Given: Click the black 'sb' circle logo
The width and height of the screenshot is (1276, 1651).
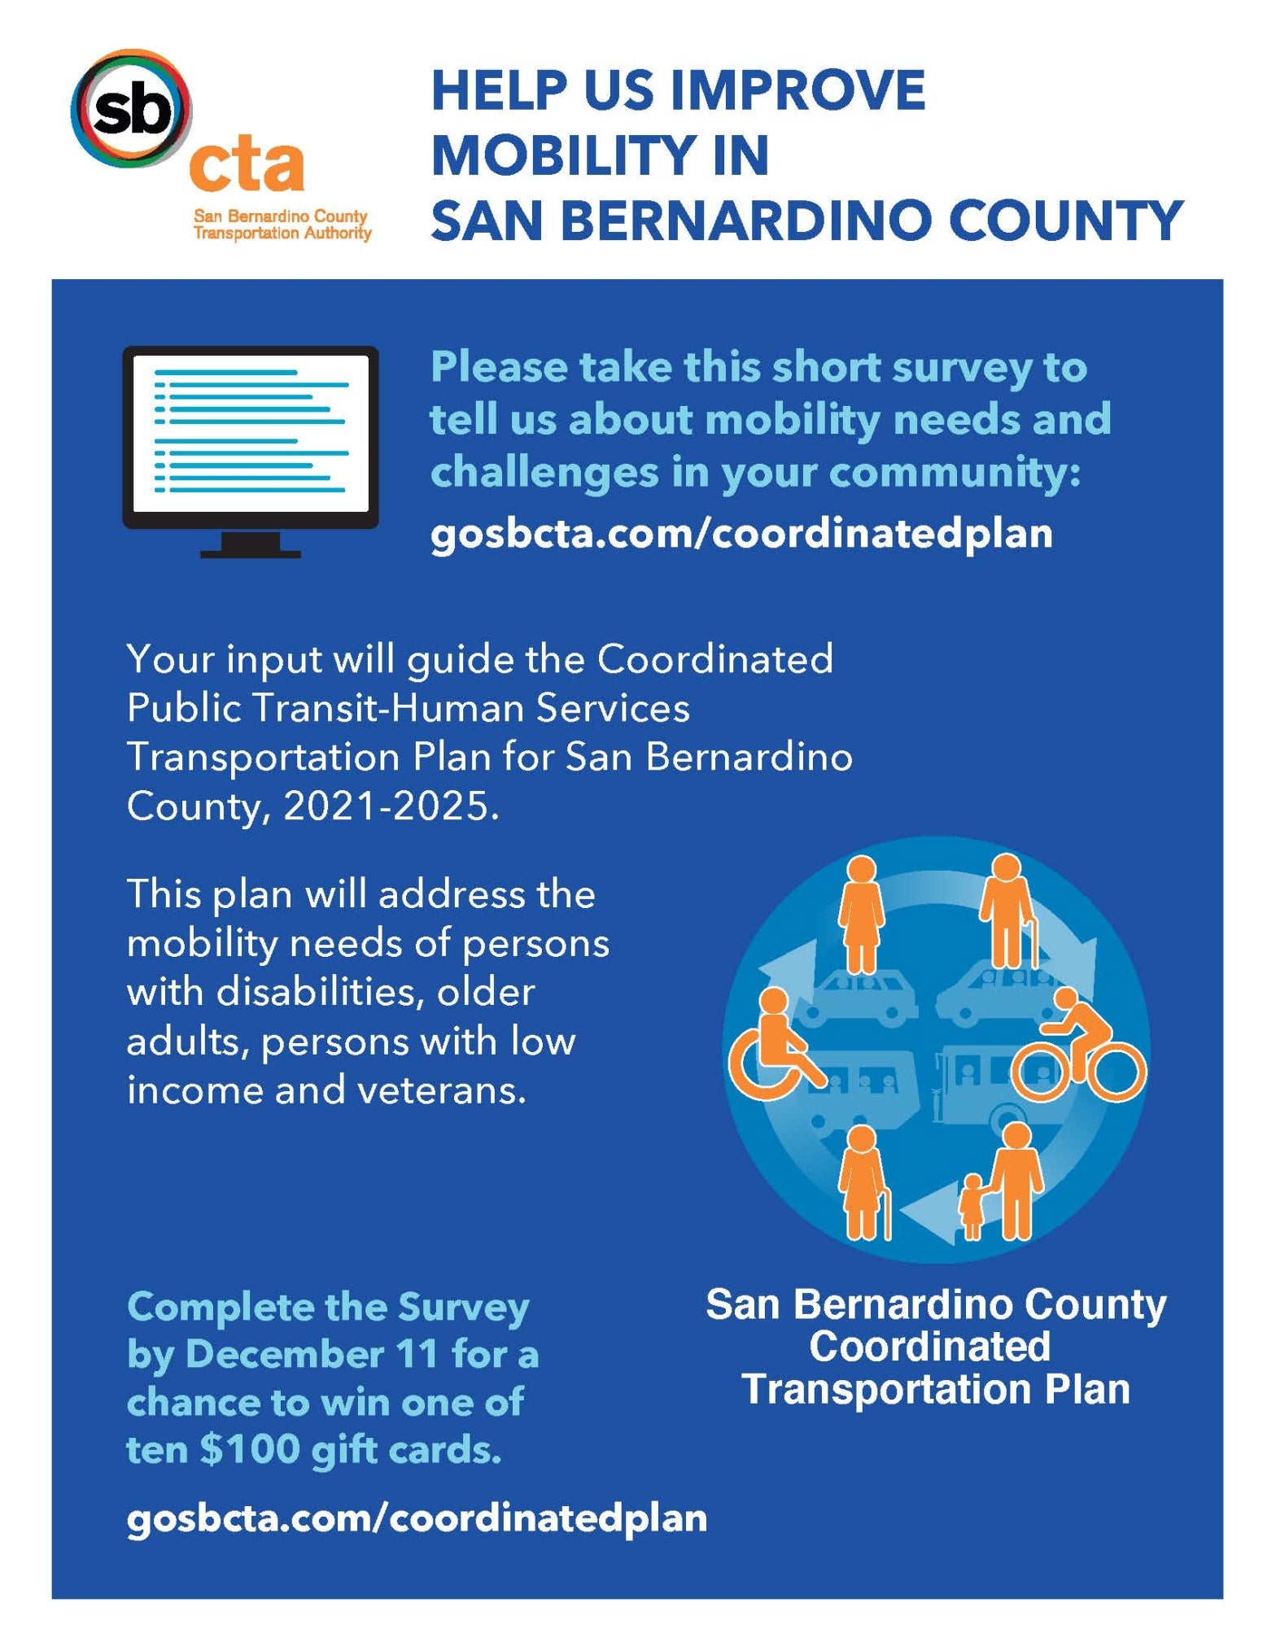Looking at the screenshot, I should (131, 108).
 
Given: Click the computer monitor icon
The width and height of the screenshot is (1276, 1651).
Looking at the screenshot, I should (251, 439).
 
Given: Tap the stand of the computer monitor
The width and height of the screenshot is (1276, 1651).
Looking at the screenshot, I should (251, 546).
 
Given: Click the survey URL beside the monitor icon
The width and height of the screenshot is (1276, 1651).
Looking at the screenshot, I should (741, 535).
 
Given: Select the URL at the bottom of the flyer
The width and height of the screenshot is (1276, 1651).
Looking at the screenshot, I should (417, 1518).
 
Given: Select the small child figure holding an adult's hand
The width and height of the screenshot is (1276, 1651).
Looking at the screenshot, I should (972, 1206).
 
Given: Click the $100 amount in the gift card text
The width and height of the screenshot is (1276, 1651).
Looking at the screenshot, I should (250, 1449).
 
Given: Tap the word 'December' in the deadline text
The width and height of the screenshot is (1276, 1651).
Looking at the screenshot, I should (284, 1355).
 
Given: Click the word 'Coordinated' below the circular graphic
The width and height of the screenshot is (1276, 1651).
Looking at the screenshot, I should (929, 1347).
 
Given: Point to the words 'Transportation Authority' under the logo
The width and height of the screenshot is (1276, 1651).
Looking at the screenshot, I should (282, 233).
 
